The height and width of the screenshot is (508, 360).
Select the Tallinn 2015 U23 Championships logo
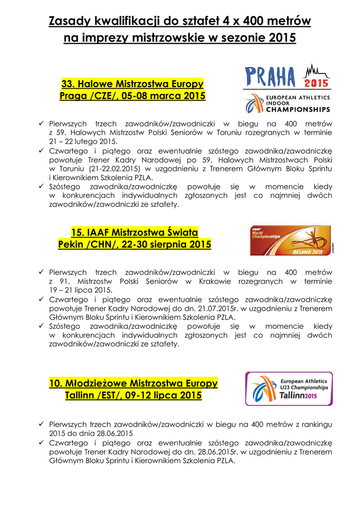click(x=289, y=388)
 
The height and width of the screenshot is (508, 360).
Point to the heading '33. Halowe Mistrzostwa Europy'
click(x=132, y=83)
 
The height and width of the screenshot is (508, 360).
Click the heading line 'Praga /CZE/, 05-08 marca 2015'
click(x=132, y=95)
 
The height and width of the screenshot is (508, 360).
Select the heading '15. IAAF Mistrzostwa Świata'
click(x=135, y=232)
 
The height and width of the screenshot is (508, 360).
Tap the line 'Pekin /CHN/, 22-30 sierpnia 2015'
click(x=135, y=245)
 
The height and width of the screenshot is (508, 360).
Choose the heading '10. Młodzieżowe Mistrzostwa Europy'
click(x=134, y=383)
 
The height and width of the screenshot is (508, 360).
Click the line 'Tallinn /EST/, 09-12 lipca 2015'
click(x=134, y=395)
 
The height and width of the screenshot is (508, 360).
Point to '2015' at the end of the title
click(x=282, y=37)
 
